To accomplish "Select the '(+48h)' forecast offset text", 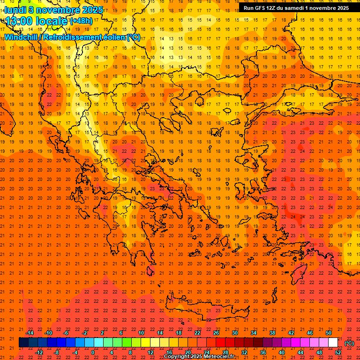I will pos(81,21).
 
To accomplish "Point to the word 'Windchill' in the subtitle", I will pos(22,37).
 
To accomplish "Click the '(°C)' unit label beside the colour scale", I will pos(349,343).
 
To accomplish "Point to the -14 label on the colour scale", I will pos(30,333).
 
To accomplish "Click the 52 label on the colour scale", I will pos(338,352).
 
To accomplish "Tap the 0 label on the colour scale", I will pos(93,352).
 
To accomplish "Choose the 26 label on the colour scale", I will pos(216,333).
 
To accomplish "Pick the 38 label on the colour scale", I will pos(272,333).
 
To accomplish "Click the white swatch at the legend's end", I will pos(333,343).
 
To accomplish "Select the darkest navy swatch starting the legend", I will pos(23,343).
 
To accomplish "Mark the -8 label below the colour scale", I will pos(57,352).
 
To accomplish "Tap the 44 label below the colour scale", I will pos(300,352).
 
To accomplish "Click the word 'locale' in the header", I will pos(53,21).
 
